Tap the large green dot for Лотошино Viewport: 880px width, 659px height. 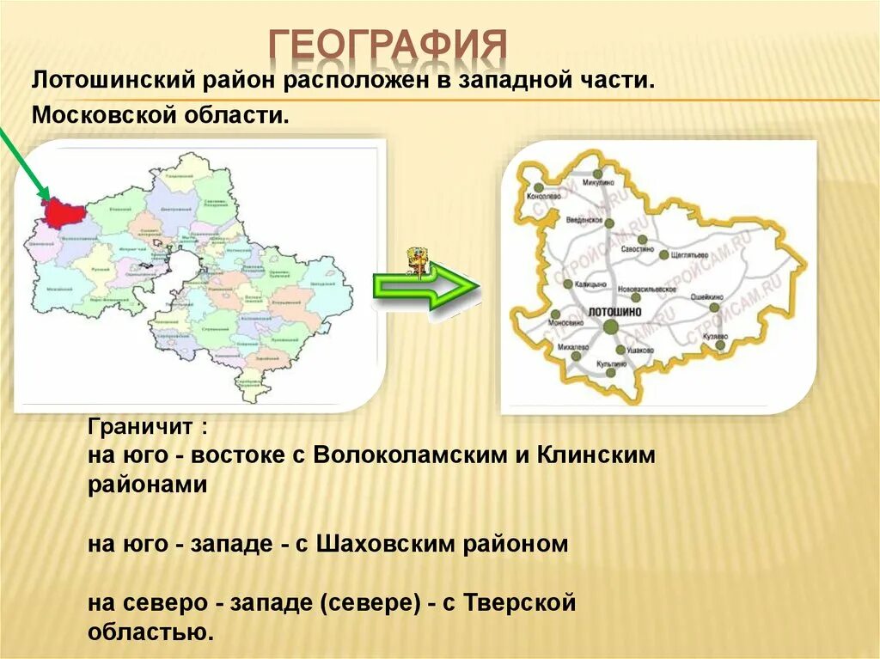point(610,326)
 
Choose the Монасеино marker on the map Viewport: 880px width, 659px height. point(555,314)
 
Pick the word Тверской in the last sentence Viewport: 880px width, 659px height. point(519,603)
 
